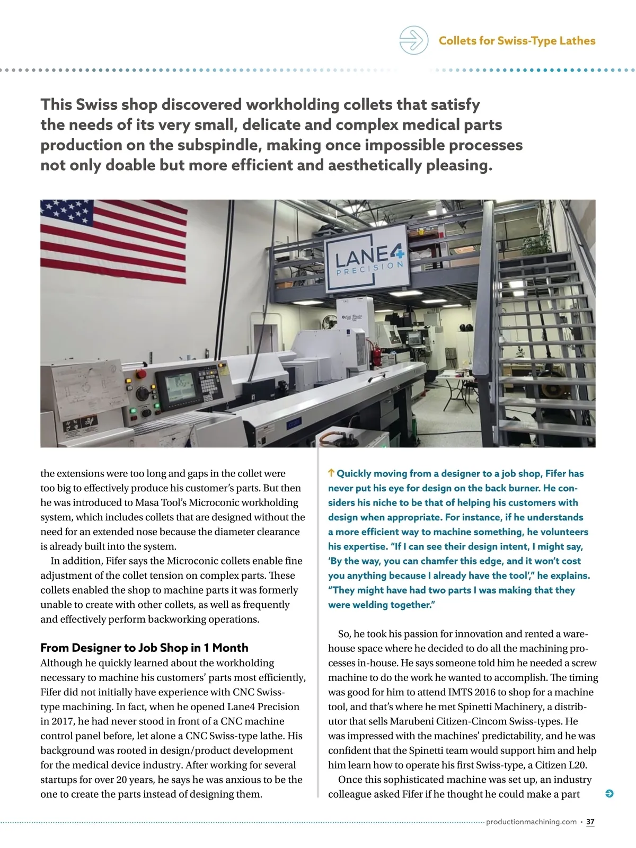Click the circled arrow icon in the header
[413, 40]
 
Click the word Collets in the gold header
[458, 41]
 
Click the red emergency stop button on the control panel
[142, 374]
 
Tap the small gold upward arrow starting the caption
[331, 473]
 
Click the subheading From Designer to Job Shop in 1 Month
[144, 648]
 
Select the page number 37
[590, 822]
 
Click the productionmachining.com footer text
[531, 822]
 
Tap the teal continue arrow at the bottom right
[609, 793]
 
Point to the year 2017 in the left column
[63, 721]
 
